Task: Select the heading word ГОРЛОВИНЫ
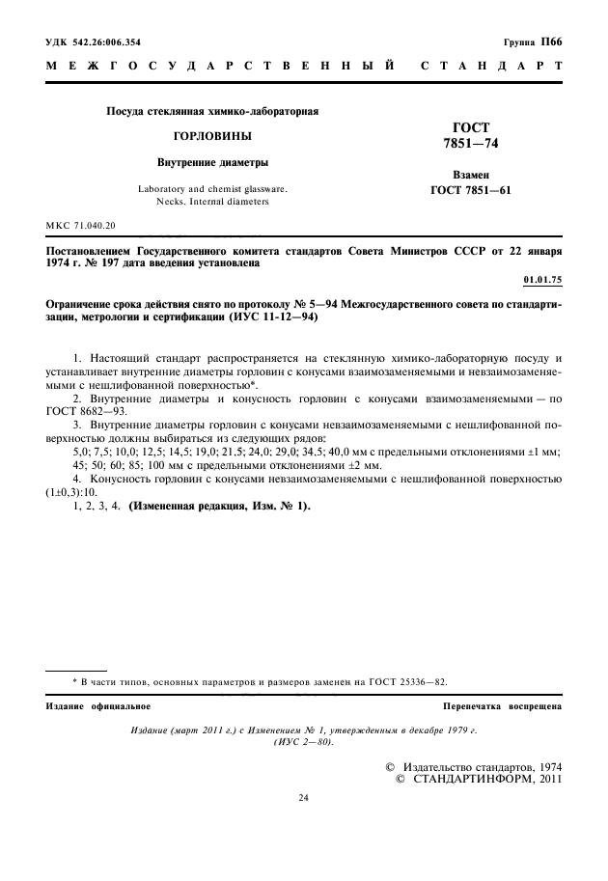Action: (211, 137)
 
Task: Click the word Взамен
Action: (471, 176)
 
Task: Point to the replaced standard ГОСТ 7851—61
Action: (471, 190)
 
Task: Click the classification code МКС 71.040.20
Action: (80, 225)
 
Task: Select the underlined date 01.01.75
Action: (542, 279)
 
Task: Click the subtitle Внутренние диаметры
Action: (212, 162)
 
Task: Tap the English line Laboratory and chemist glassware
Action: (212, 189)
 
